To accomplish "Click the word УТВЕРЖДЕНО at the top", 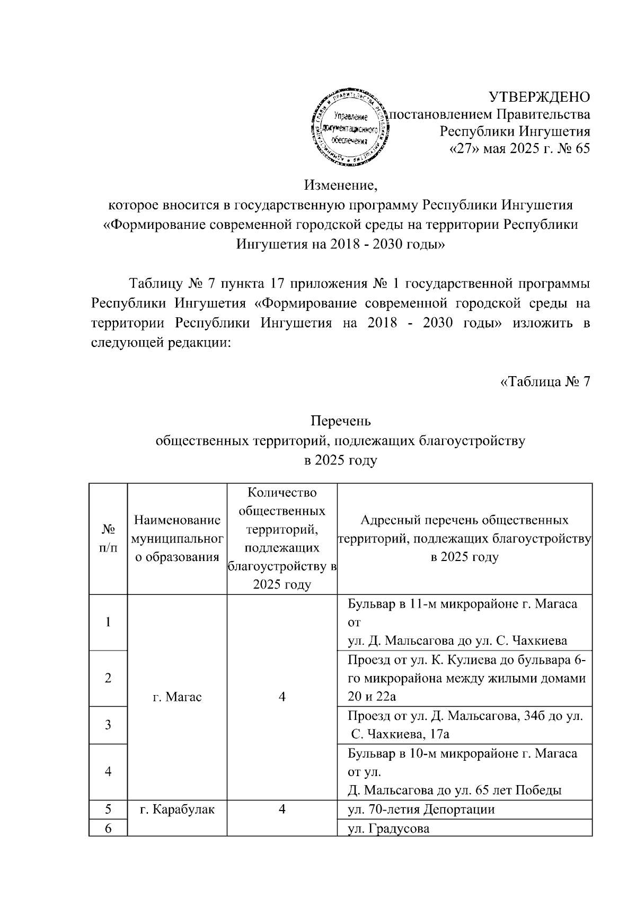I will coord(538,97).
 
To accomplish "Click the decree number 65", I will coord(581,148).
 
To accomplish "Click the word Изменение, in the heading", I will coord(340,185).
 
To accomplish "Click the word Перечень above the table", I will coord(340,421).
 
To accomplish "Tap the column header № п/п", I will coord(108,538).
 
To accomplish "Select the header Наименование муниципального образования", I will coord(176,538).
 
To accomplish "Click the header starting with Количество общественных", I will coord(282,538).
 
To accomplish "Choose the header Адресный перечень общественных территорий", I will coord(464,538).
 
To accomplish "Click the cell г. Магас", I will coord(176,697).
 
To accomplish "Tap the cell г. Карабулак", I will coord(176,809).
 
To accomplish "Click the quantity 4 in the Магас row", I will coord(282,697).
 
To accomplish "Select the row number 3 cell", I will coord(108,725).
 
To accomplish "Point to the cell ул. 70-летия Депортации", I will coord(421,809).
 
